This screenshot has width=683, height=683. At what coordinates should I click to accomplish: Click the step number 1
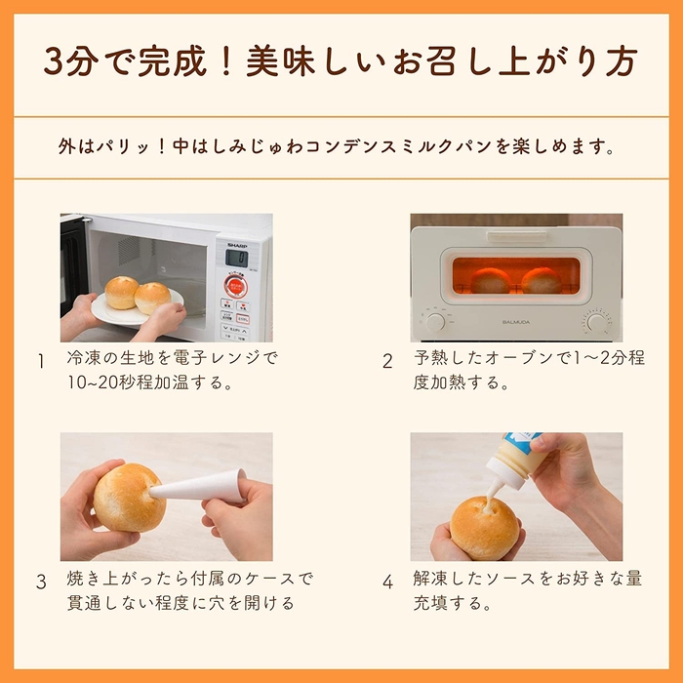tap(41, 361)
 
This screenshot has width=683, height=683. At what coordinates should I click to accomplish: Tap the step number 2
tap(387, 361)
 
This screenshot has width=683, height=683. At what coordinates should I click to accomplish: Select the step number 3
tap(41, 582)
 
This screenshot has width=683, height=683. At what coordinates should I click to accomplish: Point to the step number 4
tap(387, 582)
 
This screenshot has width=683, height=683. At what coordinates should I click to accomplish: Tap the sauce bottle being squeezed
tap(517, 459)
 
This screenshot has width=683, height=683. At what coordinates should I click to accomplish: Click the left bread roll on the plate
tap(122, 292)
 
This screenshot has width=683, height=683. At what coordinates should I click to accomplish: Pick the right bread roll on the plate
tap(153, 297)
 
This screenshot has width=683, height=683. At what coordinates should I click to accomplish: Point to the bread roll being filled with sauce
tap(485, 528)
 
